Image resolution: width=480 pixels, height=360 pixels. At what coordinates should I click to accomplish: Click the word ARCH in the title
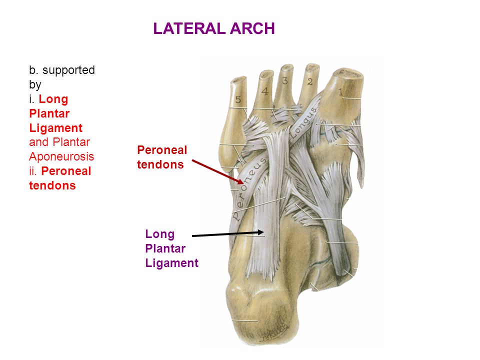tap(252, 28)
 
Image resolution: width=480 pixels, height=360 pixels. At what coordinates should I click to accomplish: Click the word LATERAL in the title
tap(190, 28)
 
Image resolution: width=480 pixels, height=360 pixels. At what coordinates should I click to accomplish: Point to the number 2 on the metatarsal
tap(310, 81)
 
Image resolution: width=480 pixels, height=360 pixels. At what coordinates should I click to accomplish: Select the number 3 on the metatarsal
tap(284, 81)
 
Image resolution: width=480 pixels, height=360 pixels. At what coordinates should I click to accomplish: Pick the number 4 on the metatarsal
tap(265, 91)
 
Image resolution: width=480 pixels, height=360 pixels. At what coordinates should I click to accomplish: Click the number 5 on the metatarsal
tap(238, 99)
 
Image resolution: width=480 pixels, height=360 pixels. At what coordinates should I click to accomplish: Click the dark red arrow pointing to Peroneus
tap(217, 171)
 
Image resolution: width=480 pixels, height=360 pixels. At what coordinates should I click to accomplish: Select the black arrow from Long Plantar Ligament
tap(227, 234)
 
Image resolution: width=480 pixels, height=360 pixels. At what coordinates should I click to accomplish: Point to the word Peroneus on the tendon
tap(249, 189)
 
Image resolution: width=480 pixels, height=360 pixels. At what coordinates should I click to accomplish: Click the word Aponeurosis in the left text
tap(61, 156)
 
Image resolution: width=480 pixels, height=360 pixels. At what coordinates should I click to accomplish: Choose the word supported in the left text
tap(68, 70)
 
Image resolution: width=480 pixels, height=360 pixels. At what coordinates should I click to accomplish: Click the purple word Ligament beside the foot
tap(171, 263)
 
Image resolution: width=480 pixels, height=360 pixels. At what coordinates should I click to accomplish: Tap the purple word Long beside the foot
tap(160, 234)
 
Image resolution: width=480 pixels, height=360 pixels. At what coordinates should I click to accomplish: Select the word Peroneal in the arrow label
tap(162, 150)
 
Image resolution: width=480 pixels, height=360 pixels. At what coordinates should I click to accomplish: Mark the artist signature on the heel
tap(274, 333)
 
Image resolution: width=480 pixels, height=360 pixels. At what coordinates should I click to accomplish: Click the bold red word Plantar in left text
tap(49, 113)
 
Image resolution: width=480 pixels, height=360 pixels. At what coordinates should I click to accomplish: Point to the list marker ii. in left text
tap(33, 171)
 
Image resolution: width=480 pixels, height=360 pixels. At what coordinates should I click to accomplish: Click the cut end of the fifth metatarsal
tap(238, 79)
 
